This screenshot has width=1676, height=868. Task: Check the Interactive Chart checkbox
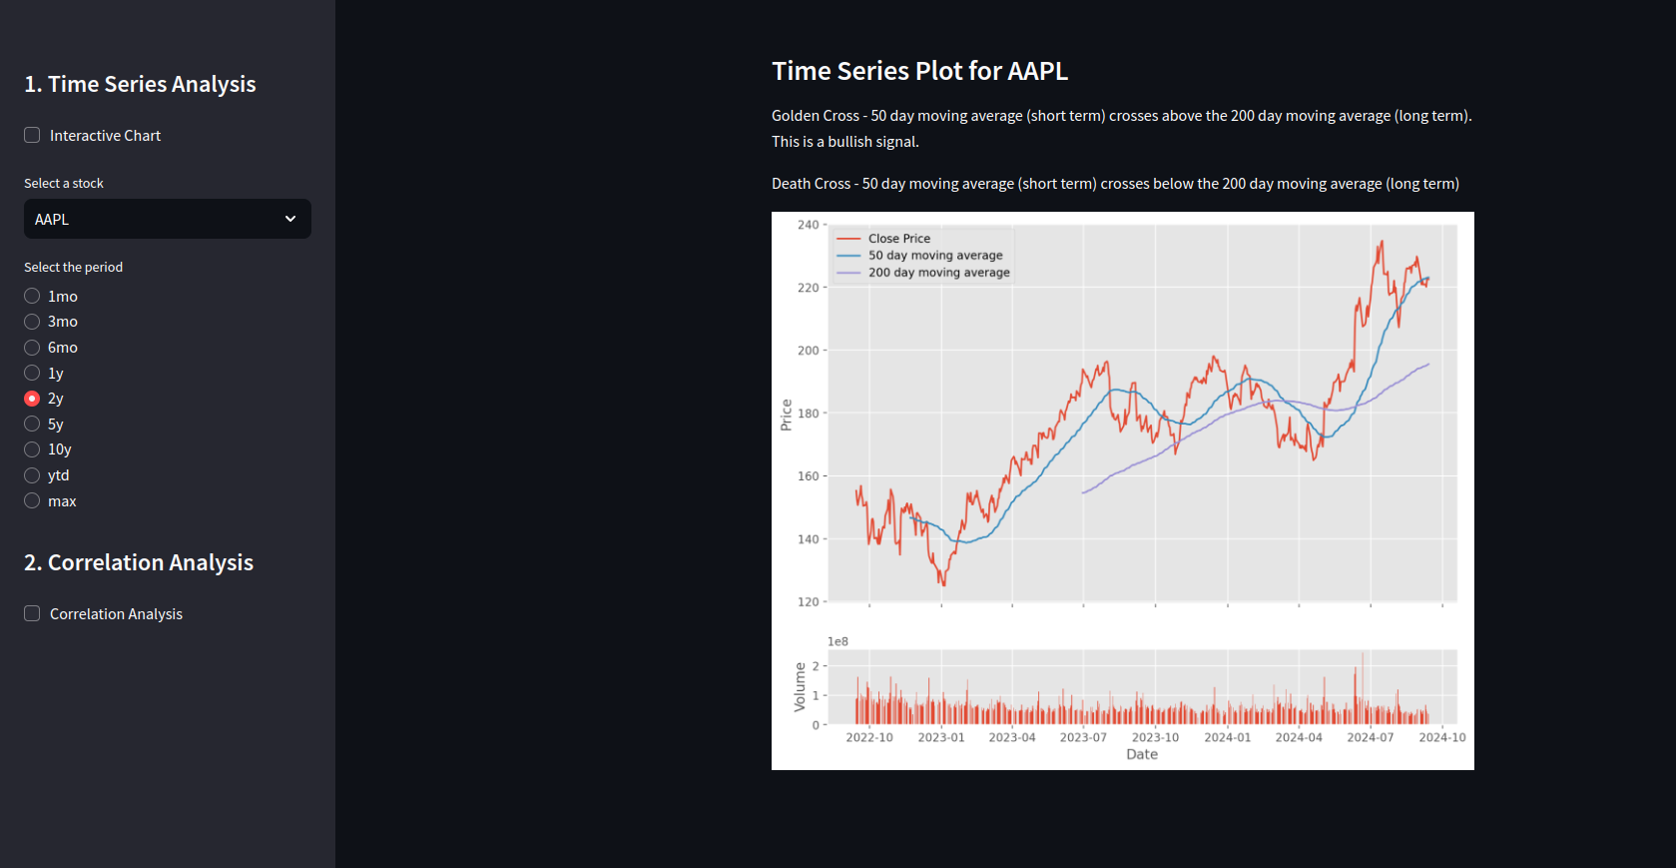32,135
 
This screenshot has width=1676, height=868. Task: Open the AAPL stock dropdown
167,219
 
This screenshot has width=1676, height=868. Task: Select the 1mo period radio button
32,296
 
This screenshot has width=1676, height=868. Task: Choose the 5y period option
32,424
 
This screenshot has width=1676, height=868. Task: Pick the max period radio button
32,500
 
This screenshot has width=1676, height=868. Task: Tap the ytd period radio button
32,475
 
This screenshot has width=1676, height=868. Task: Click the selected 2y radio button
32,398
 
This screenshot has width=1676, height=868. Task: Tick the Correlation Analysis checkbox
32,613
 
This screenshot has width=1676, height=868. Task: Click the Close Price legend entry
898,239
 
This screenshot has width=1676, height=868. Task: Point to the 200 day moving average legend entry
938,273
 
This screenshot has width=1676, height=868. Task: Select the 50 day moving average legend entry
934,256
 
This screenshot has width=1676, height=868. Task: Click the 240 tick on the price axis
808,225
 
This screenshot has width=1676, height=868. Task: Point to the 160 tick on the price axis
808,476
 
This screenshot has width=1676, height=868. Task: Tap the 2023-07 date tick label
1083,737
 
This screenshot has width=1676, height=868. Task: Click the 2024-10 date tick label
1442,737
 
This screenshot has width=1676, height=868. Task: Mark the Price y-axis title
786,415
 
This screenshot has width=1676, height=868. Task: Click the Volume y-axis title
800,687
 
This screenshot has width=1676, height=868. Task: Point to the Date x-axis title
1142,754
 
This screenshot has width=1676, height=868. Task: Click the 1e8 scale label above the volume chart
838,641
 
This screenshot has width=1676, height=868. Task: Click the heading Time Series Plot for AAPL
919,71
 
